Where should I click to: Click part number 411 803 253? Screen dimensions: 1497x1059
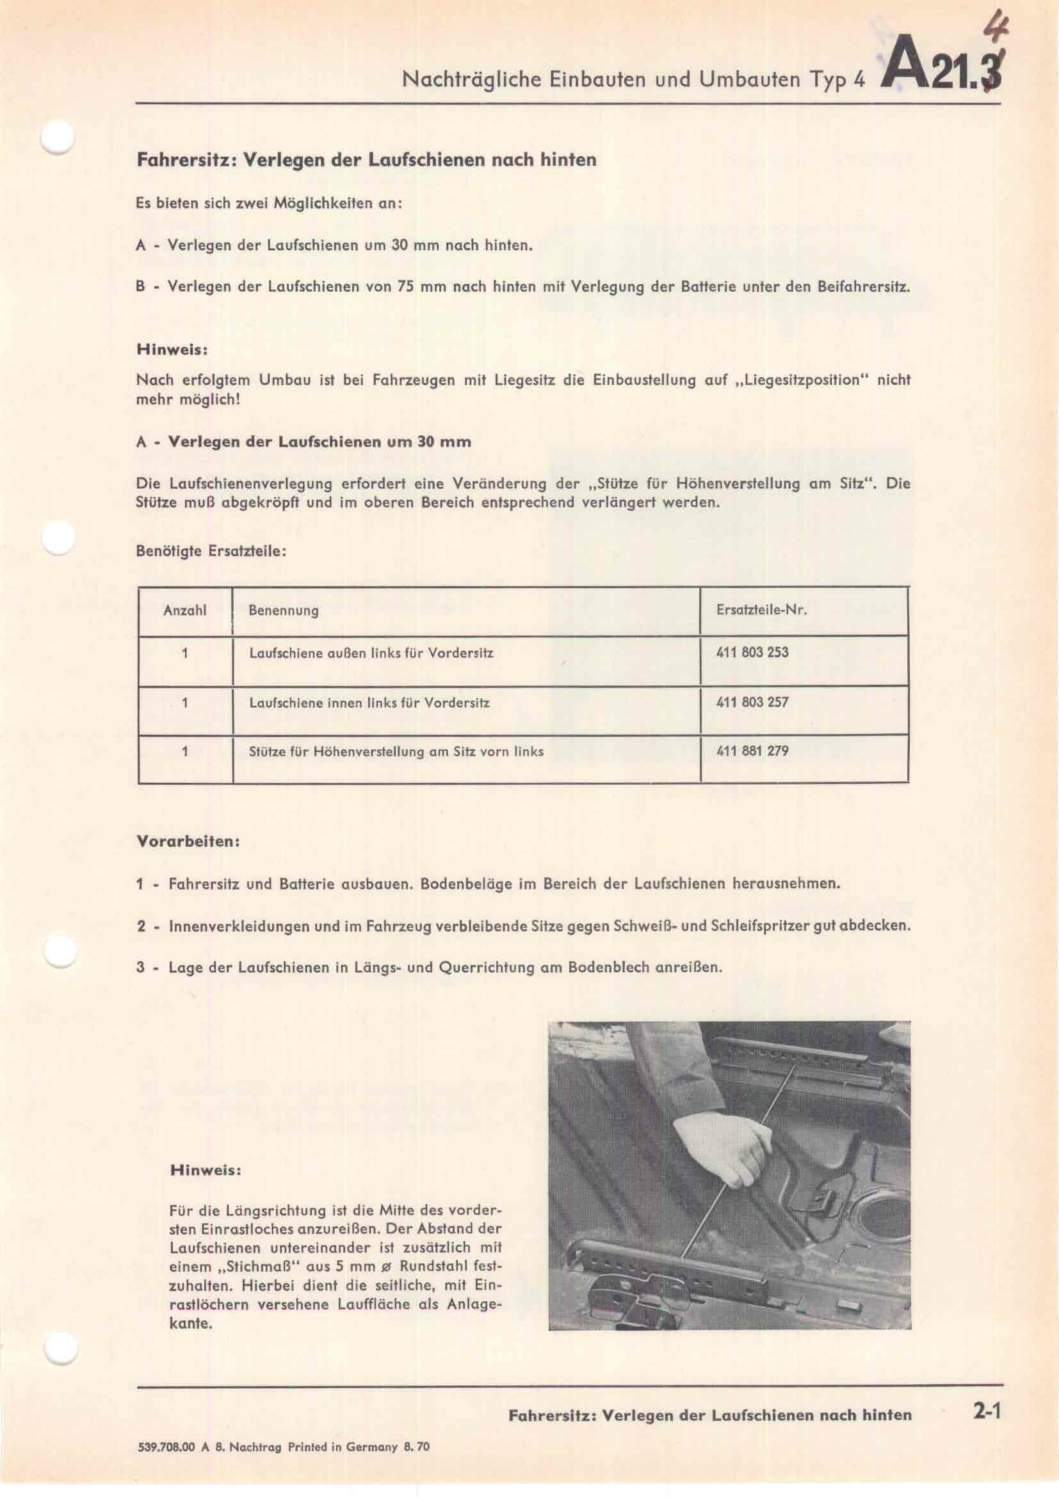click(752, 652)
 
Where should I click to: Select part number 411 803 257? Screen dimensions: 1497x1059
click(752, 702)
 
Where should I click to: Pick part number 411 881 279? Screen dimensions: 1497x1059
click(752, 751)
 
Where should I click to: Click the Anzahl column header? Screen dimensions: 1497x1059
click(184, 611)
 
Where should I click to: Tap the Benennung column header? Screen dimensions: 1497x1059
click(283, 611)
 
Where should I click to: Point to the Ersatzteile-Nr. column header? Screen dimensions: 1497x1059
click(761, 611)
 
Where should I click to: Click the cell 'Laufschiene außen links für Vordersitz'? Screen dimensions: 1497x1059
click(371, 652)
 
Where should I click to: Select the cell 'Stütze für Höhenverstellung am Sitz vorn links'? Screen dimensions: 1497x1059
click(396, 751)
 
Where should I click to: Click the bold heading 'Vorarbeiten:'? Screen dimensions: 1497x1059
click(188, 841)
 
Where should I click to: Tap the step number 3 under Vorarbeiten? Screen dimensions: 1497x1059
click(140, 966)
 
